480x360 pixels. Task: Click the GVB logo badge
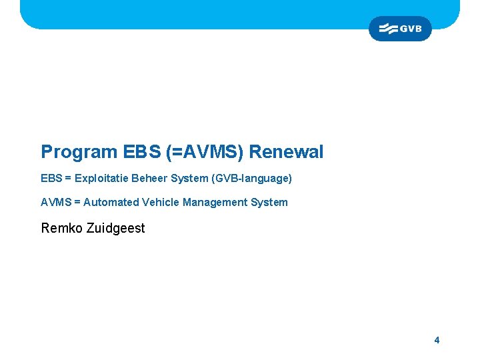[x=400, y=29]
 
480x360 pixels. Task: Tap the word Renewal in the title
[x=286, y=152]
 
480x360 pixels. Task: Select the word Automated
[x=111, y=202]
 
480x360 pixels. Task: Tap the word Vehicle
[x=161, y=202]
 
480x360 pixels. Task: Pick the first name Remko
[x=62, y=228]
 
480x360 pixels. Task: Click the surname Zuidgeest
[x=115, y=228]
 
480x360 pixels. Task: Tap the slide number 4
[x=437, y=340]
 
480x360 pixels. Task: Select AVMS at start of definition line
[x=55, y=202]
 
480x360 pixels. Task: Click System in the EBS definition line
[x=190, y=179]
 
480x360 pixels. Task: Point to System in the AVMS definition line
[x=268, y=202]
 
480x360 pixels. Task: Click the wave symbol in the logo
[x=388, y=29]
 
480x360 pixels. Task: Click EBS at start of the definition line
[x=51, y=179]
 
